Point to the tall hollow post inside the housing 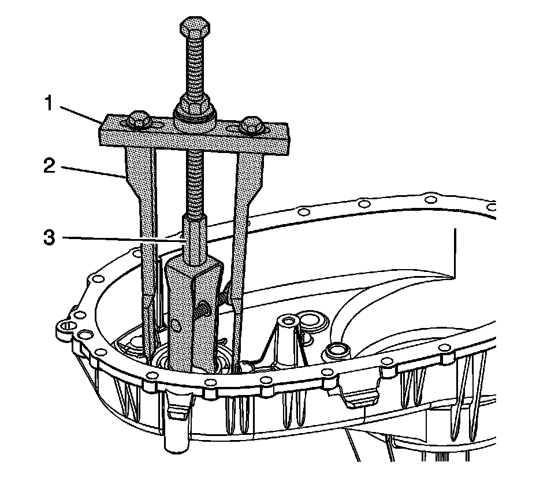pos(286,335)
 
